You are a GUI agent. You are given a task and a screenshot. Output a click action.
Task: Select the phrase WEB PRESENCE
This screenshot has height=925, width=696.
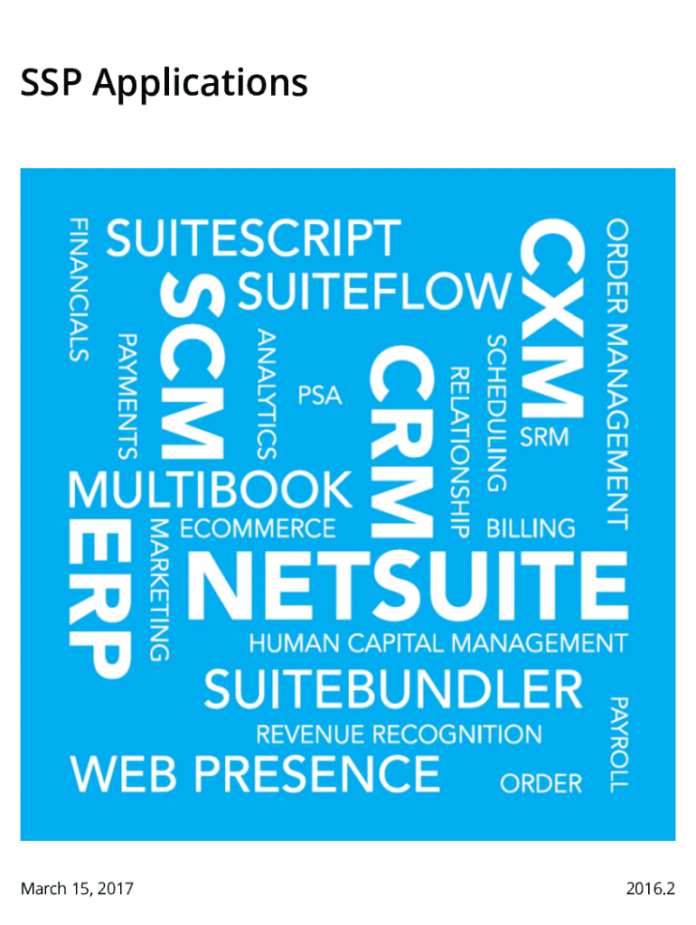[x=256, y=774]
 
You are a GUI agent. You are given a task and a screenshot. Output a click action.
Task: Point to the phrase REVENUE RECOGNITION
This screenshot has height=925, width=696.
[x=399, y=733]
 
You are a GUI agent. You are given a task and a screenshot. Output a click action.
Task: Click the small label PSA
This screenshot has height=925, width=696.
[x=321, y=396]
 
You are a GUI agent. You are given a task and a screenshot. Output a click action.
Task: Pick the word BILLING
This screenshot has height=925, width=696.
[x=531, y=528]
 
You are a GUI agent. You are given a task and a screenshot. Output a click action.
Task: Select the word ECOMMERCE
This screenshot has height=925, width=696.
[x=258, y=528]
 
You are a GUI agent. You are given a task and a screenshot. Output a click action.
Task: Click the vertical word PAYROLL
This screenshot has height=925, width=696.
[x=618, y=743]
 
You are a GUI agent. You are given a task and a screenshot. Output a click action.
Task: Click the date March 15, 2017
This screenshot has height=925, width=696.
[x=77, y=889]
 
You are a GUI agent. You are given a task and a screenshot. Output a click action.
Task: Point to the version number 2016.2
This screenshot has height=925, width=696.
[x=650, y=889]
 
